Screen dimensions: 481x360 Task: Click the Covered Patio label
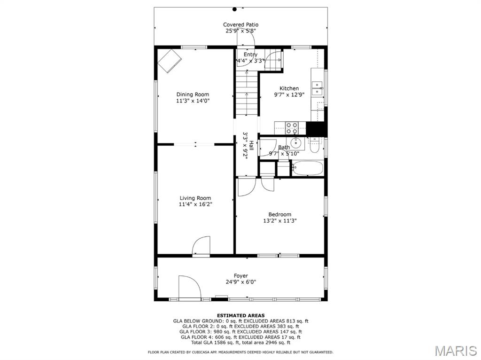point(240,24)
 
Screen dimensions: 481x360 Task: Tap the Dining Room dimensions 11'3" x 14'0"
point(193,101)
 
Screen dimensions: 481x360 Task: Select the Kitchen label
point(289,88)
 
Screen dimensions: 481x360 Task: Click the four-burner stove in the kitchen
point(292,128)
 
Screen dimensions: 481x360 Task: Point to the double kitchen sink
point(317,88)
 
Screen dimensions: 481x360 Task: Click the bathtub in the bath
point(308,168)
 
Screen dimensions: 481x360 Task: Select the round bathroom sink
point(296,142)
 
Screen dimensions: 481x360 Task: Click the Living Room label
point(195,198)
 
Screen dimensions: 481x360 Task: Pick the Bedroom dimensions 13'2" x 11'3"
point(280,221)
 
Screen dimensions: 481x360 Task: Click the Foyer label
point(241,276)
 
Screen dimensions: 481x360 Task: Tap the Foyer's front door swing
point(190,287)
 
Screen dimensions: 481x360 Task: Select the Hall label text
point(252,145)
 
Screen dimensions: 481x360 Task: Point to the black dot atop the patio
point(235,9)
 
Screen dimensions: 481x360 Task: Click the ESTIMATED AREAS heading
point(241,315)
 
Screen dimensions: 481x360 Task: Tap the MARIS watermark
point(456,351)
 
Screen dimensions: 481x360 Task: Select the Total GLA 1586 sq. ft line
point(241,343)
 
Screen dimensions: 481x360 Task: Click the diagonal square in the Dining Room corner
point(170,62)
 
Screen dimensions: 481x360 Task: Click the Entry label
point(251,55)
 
